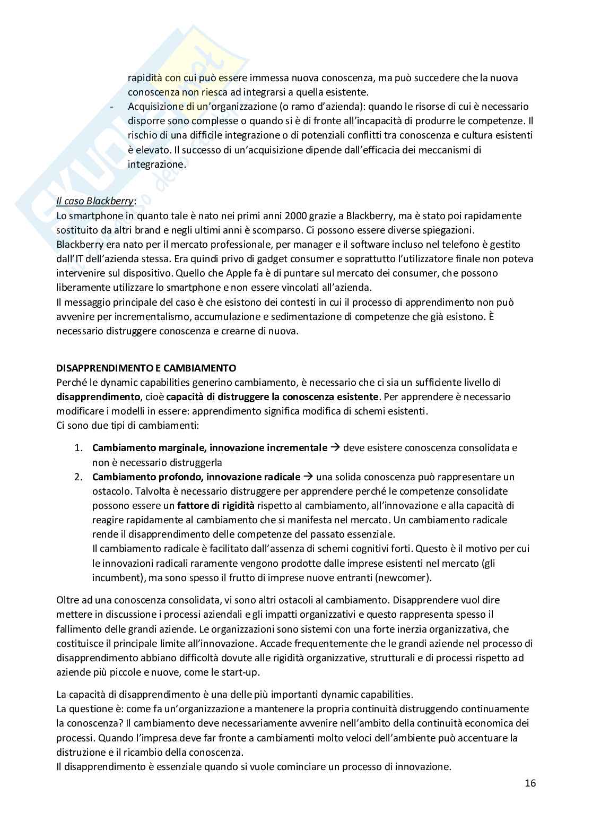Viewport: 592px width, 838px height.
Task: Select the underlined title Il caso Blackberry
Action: pyautogui.click(x=95, y=201)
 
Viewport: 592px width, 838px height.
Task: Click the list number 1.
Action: pyautogui.click(x=77, y=448)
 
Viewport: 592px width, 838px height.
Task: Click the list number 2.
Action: pyautogui.click(x=77, y=477)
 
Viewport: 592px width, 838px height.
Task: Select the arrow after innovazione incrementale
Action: pyautogui.click(x=335, y=447)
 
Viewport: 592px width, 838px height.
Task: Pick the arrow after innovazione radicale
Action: pyautogui.click(x=308, y=477)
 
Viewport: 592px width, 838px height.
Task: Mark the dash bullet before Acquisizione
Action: pyautogui.click(x=111, y=107)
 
